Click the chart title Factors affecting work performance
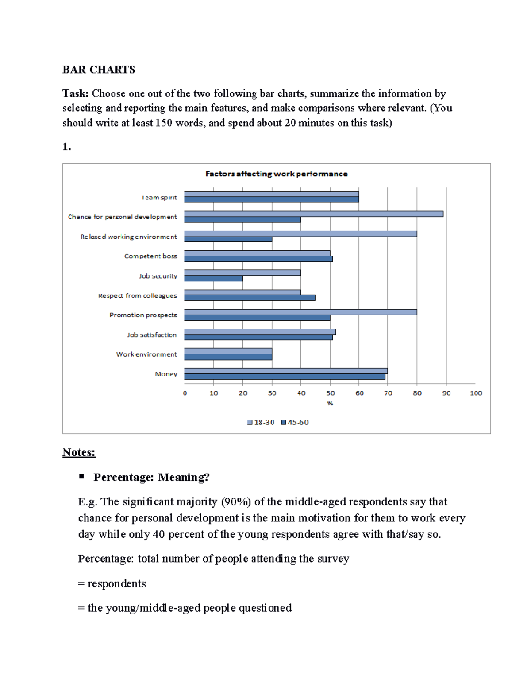(x=276, y=174)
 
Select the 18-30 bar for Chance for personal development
(x=313, y=214)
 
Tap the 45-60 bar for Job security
(x=213, y=279)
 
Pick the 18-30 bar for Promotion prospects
(x=300, y=312)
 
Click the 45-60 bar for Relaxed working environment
(x=228, y=239)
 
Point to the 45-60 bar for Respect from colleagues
(x=250, y=298)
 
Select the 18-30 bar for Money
(x=286, y=371)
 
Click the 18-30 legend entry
(x=261, y=422)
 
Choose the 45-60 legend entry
(x=295, y=422)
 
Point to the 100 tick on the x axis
(x=476, y=393)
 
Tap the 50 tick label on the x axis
(x=330, y=393)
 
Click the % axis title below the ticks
(x=330, y=403)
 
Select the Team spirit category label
(x=159, y=198)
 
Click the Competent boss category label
(x=150, y=256)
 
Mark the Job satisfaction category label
(x=151, y=335)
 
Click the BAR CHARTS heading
(x=99, y=70)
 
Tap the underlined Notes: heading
(x=79, y=452)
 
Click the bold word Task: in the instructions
(x=76, y=93)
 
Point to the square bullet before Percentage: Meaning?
(x=81, y=477)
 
